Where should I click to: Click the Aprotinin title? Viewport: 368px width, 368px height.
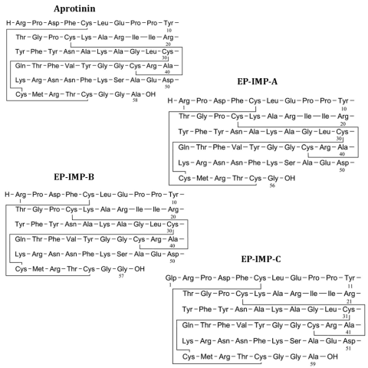[x=74, y=9]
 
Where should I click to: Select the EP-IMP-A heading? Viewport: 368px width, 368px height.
[x=257, y=81]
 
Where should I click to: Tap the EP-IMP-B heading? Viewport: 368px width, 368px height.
[x=74, y=177]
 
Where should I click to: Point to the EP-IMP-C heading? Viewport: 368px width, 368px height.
[x=261, y=259]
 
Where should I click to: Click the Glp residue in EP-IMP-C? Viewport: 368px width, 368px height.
[x=171, y=278]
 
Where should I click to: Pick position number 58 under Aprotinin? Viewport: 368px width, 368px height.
[x=135, y=100]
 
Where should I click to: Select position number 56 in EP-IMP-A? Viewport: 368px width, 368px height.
[x=272, y=186]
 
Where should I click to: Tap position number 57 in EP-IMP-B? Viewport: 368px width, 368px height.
[x=121, y=276]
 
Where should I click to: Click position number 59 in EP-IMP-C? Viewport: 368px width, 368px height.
[x=313, y=364]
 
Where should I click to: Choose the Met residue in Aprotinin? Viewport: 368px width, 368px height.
[x=38, y=94]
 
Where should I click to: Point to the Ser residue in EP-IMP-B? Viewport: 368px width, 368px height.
[x=122, y=254]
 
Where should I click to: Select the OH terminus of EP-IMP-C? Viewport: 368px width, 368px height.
[x=332, y=356]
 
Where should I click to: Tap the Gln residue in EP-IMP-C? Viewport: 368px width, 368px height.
[x=188, y=325]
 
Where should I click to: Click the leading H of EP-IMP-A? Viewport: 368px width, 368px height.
[x=170, y=100]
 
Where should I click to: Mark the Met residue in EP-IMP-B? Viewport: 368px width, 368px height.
[x=38, y=269]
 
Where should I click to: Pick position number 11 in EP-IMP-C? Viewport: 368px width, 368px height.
[x=350, y=286]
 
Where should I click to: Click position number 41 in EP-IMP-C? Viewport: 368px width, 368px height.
[x=348, y=332]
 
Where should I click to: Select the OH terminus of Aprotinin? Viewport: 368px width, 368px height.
[x=150, y=94]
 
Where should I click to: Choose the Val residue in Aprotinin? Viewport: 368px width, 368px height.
[x=70, y=66]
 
